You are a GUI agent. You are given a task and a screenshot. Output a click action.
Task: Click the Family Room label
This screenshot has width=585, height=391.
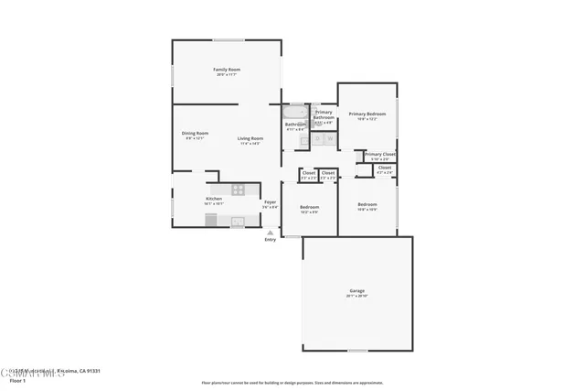pos(227,70)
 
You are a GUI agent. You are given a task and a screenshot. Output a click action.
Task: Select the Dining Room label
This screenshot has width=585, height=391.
pos(195,134)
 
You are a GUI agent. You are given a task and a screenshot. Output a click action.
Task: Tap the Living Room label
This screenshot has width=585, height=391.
pos(250,138)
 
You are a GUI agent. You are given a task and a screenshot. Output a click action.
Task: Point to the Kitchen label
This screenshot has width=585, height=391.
pos(213,199)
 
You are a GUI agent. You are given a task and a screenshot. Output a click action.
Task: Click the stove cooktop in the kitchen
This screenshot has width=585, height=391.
pos(238,190)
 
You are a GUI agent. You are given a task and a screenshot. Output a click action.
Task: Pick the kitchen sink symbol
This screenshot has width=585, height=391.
pos(238,221)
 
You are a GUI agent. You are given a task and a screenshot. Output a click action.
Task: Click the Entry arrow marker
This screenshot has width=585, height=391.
pos(270,233)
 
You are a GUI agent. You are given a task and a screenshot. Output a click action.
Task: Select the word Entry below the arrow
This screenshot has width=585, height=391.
pos(270,240)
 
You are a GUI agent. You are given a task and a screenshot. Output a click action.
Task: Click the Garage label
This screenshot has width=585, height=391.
pos(356,291)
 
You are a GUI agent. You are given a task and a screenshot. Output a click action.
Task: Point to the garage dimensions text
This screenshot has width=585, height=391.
pos(356,297)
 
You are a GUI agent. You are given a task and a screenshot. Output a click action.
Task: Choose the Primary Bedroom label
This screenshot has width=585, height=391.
pos(367,114)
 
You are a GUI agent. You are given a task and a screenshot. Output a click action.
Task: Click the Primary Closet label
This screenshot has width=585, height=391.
pos(379,154)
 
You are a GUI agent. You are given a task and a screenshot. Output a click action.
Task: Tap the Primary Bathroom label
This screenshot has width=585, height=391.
pos(324,114)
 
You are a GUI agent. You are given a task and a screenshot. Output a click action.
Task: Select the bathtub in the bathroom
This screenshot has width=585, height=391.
pos(295,113)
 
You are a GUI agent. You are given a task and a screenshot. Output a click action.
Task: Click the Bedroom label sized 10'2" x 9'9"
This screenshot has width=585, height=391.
pos(309,207)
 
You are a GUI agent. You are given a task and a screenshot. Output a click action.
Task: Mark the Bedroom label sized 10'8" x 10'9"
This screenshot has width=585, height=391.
pos(367,204)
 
